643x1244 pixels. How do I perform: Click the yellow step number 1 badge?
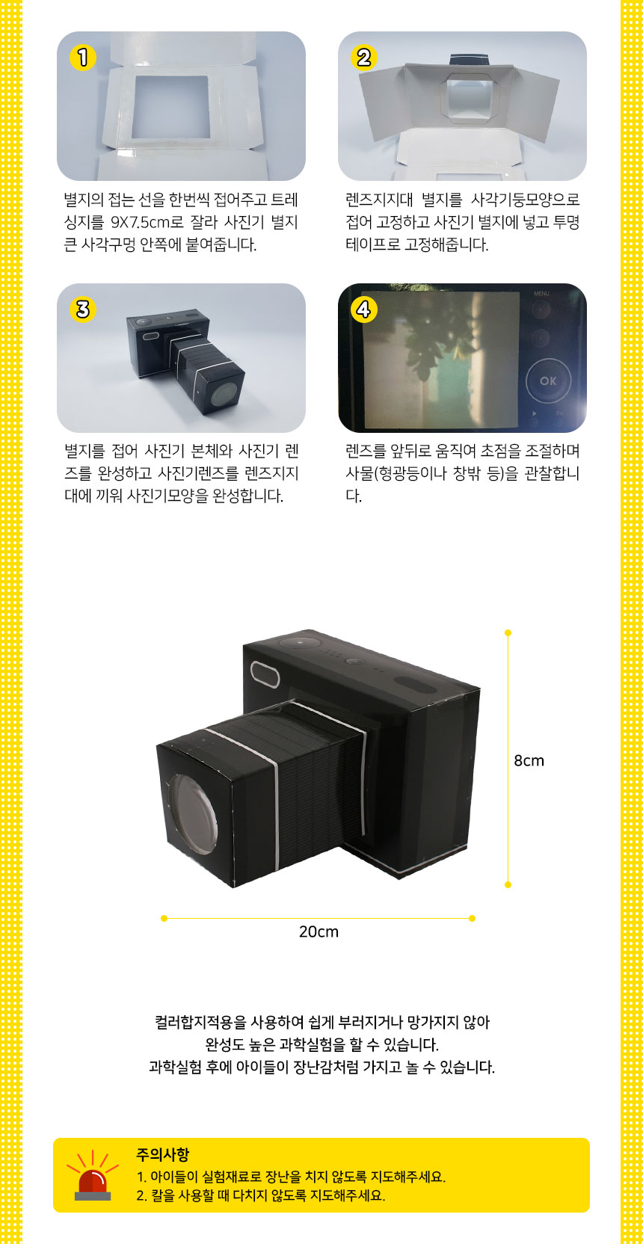point(83,58)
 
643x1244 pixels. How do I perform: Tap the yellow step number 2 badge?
point(363,58)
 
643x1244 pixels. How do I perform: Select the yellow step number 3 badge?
point(83,310)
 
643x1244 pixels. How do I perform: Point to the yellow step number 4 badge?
point(363,310)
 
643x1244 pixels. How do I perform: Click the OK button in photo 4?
point(548,381)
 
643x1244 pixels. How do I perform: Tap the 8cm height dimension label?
point(529,760)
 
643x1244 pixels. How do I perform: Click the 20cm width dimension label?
point(319,932)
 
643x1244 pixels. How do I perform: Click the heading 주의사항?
point(163,1154)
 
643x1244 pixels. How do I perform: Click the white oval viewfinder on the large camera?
point(265,674)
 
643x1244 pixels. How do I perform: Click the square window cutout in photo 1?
point(171,106)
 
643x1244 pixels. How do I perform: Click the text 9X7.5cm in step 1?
point(139,222)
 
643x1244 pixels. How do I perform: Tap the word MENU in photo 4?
point(541,293)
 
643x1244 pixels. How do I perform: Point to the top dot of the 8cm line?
point(508,632)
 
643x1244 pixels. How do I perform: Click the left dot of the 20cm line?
point(164,918)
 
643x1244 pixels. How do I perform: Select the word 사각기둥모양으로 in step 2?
point(525,200)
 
